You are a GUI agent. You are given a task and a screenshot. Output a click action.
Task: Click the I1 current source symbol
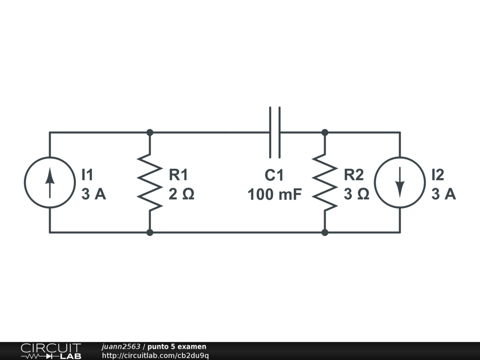(50, 182)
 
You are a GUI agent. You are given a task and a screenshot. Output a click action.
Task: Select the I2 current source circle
(399, 182)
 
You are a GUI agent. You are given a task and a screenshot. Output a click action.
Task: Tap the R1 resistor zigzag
(150, 182)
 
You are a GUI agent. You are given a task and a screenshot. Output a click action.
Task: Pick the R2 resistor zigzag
(325, 182)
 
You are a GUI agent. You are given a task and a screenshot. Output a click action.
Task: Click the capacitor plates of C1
(275, 132)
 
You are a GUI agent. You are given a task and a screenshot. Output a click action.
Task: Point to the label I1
(88, 175)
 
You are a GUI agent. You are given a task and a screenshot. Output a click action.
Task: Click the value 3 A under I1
(94, 194)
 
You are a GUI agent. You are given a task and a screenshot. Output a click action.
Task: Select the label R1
(178, 175)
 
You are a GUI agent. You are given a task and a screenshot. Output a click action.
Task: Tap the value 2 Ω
(181, 194)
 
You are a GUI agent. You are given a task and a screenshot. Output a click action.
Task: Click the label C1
(274, 175)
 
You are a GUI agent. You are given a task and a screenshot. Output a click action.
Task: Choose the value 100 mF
(275, 194)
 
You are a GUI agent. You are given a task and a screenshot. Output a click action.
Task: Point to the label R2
(354, 175)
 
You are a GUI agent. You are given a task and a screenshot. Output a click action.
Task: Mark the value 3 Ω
(357, 194)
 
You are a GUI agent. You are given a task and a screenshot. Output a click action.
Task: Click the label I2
(437, 175)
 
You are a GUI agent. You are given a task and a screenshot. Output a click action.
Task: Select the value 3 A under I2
(443, 194)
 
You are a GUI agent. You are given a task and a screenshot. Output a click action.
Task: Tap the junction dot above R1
(150, 132)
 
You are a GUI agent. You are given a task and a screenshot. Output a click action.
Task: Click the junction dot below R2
(325, 232)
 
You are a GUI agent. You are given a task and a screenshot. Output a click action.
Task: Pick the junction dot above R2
(325, 132)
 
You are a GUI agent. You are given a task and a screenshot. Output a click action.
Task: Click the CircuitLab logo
(50, 351)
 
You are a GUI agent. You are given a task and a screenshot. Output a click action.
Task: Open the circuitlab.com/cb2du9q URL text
(155, 355)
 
